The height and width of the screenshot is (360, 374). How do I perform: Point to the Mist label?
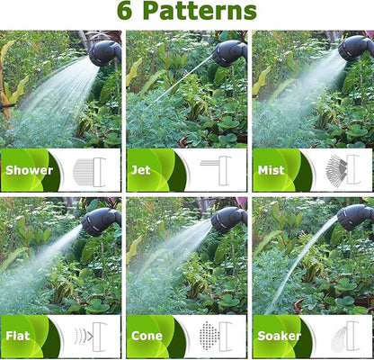pyautogui.click(x=272, y=170)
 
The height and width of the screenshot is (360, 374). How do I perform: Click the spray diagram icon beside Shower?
pyautogui.click(x=88, y=170)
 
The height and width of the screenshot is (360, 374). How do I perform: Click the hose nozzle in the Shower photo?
pyautogui.click(x=104, y=52)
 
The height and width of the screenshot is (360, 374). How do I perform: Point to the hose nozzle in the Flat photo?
pyautogui.click(x=101, y=220)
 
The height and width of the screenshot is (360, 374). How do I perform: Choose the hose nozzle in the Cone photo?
pyautogui.click(x=228, y=219)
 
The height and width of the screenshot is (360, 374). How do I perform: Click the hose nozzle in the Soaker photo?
pyautogui.click(x=356, y=217)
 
